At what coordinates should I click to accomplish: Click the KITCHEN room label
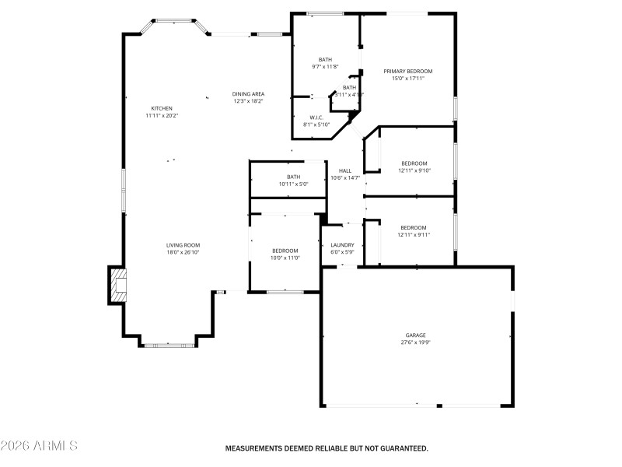pos(162,108)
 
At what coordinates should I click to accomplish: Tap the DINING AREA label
pos(248,93)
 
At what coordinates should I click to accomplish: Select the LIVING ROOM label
pos(183,244)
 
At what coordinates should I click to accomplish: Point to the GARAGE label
pos(415,335)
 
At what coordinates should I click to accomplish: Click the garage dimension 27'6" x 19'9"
pos(415,343)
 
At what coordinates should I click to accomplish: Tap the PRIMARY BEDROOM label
pos(407,71)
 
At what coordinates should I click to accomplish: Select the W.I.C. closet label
pos(316,118)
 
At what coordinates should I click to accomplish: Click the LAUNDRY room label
pos(342,244)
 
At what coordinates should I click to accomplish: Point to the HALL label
pos(345,170)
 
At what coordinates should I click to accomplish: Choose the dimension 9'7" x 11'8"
pos(326,67)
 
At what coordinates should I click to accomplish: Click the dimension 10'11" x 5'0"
pos(293,184)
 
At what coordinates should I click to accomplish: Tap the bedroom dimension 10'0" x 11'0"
pos(285,258)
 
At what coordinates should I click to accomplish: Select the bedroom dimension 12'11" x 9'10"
pos(414,170)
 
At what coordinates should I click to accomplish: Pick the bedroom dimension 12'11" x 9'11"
pos(414,234)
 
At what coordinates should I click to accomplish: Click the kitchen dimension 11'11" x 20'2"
pos(162,115)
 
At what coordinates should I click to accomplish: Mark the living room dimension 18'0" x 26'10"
pos(183,252)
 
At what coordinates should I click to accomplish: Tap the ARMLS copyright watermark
pos(39,446)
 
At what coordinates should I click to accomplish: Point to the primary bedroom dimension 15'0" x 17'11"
pos(407,79)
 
